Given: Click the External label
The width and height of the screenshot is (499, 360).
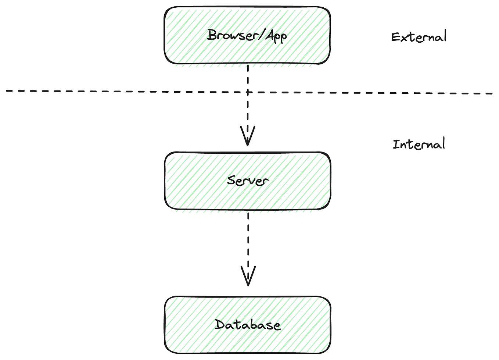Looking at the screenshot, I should click(419, 37).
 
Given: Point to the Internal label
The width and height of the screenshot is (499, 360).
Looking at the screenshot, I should click(419, 144).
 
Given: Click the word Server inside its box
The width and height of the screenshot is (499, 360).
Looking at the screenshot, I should click(247, 181).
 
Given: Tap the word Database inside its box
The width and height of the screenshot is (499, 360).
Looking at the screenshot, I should click(247, 325).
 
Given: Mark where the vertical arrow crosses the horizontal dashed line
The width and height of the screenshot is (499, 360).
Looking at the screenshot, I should click(248, 92).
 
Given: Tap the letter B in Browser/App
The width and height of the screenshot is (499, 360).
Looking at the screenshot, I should click(212, 35).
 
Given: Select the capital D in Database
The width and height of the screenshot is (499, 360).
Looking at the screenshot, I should click(219, 324).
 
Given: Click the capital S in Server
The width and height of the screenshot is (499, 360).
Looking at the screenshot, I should click(231, 180).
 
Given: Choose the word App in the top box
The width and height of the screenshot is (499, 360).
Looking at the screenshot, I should click(276, 36).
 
